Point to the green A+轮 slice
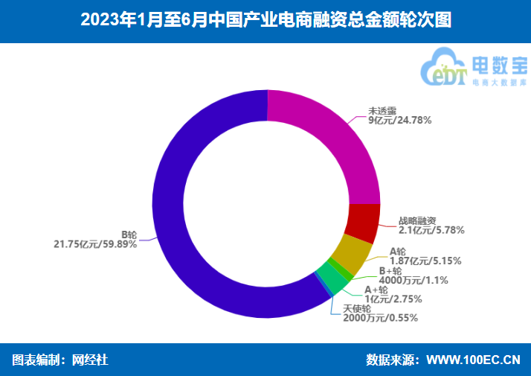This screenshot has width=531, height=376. pos(332,278)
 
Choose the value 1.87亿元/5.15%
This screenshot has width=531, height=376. pos(425,261)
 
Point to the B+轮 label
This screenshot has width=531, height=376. pos(390,271)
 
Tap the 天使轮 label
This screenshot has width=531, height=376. pos(357,308)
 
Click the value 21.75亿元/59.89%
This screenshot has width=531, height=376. pos(95,243)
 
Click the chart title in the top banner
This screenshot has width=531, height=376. pos(265,20)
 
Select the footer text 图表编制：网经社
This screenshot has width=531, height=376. pos(61,360)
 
